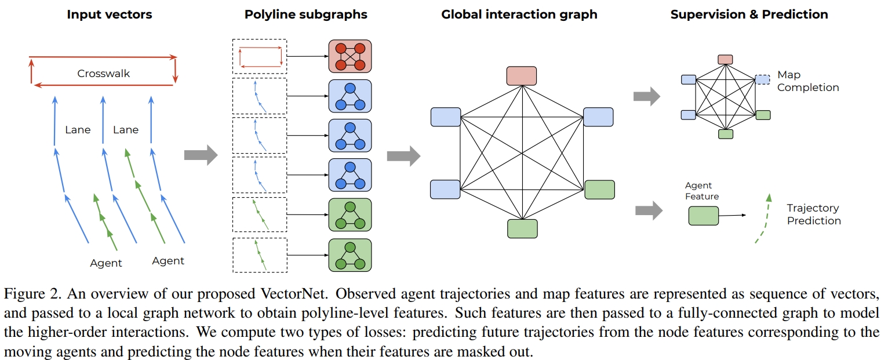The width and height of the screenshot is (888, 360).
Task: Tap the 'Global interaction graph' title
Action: click(519, 14)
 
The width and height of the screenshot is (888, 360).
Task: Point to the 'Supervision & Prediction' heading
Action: click(749, 14)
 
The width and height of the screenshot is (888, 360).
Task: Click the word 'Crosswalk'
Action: click(104, 74)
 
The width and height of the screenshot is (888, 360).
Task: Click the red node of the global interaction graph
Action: click(522, 76)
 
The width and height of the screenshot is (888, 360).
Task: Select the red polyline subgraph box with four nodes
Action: click(350, 56)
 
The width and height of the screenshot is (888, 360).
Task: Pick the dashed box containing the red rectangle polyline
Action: click(259, 56)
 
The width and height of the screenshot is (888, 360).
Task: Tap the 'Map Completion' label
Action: click(807, 81)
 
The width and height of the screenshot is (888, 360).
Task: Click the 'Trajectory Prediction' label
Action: click(813, 214)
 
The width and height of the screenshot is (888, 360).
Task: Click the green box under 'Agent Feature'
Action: click(703, 216)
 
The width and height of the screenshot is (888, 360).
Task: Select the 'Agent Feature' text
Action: click(702, 191)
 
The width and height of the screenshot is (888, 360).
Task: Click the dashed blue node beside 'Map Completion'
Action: click(763, 79)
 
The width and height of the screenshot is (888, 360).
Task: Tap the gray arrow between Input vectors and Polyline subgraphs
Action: click(200, 155)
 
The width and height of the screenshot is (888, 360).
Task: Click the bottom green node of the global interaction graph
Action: click(522, 228)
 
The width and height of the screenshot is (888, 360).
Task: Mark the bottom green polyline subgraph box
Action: click(350, 255)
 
